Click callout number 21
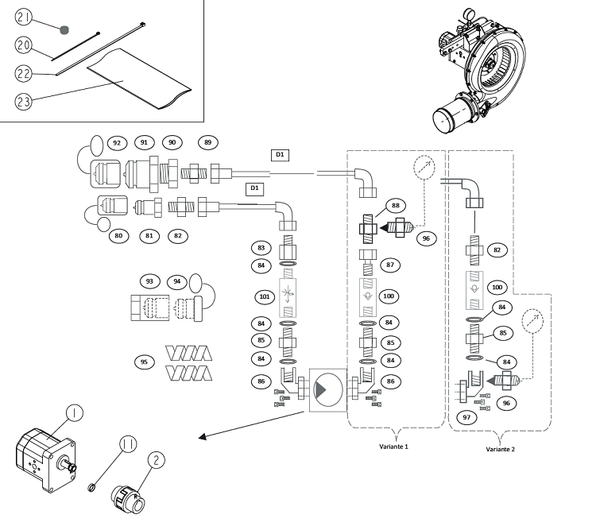tap(24, 17)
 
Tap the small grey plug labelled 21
tap(64, 30)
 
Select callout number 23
tap(24, 102)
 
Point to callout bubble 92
tap(117, 143)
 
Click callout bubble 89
tap(207, 142)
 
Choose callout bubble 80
tap(118, 236)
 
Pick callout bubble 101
tap(265, 296)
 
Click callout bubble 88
tap(395, 206)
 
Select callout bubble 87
tap(390, 265)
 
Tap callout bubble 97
tap(466, 417)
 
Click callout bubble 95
tap(145, 362)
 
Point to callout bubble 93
tap(149, 281)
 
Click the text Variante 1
tap(393, 447)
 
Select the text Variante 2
tap(501, 449)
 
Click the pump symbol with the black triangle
tap(328, 390)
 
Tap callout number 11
tap(128, 444)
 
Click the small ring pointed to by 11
tap(92, 488)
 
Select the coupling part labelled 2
tap(128, 500)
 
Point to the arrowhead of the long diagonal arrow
tap(203, 437)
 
